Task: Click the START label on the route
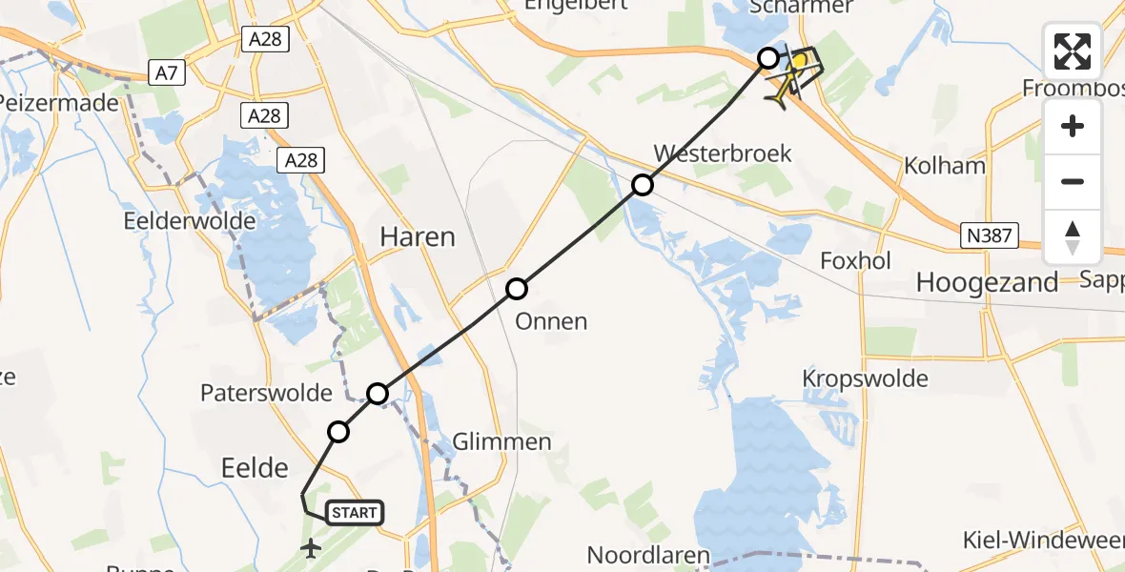coord(355,513)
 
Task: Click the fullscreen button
coord(1073,51)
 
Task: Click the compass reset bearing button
coord(1073,236)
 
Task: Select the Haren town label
coord(418,236)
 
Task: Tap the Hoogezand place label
coord(987,281)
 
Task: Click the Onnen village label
coord(551,321)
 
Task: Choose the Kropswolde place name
coord(865,378)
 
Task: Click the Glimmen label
coord(501,442)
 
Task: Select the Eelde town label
coord(254,467)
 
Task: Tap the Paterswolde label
coord(266,393)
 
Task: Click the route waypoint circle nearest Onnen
coord(516,288)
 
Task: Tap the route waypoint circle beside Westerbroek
coord(644,185)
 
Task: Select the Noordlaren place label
coord(647,555)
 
